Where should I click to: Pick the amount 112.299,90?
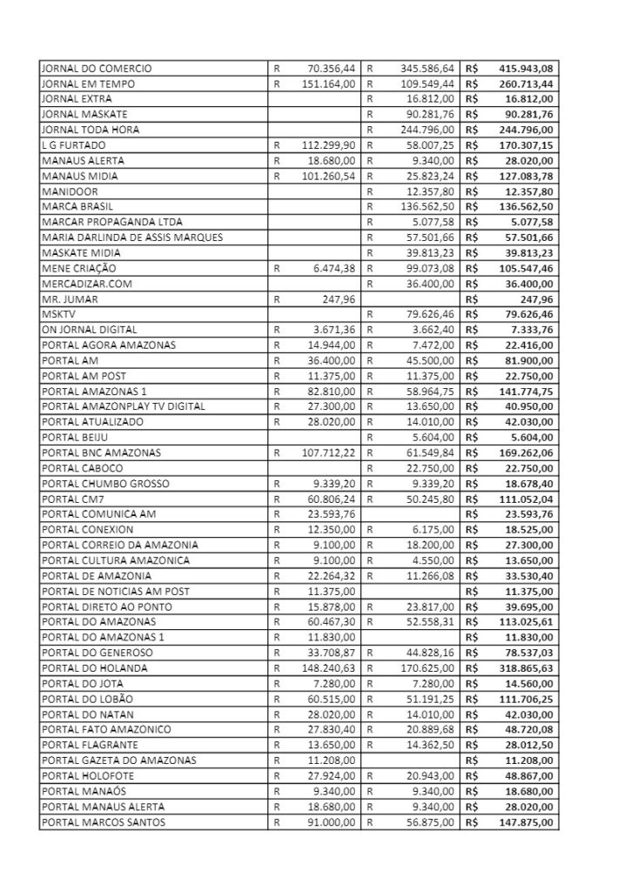tap(326, 146)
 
